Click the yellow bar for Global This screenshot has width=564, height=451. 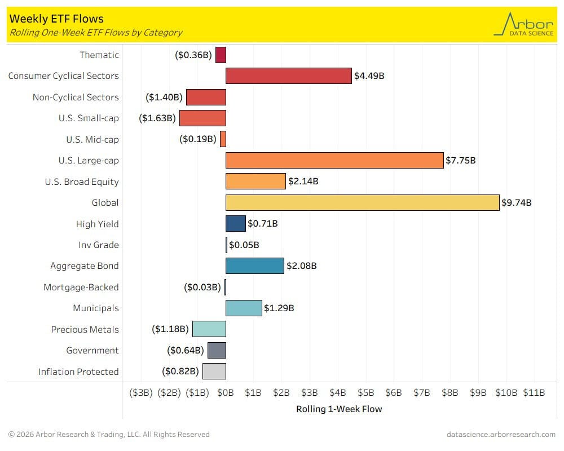pos(362,202)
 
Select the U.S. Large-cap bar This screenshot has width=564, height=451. pos(334,161)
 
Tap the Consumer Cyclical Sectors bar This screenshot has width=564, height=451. pos(288,76)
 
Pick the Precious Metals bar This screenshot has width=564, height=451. pos(209,329)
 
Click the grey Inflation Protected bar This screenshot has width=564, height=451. pos(214,372)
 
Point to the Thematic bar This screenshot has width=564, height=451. pos(221,55)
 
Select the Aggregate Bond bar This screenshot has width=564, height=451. pos(254,266)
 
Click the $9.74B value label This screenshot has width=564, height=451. pos(517,203)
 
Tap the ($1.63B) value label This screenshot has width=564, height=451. pos(158,118)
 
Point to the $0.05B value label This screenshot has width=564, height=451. pos(244,245)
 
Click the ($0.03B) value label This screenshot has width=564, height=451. pos(202,288)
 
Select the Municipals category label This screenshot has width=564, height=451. pos(96,308)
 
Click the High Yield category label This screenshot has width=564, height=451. pos(98,224)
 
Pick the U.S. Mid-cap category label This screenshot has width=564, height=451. pos(92,139)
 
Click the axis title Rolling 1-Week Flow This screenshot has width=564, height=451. pos(339,409)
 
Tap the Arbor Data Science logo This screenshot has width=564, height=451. pos(524,24)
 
